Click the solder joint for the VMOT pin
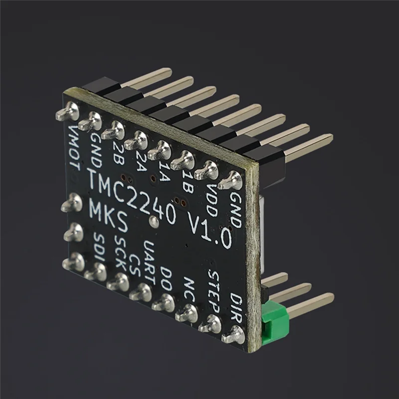pyautogui.click(x=67, y=112)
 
